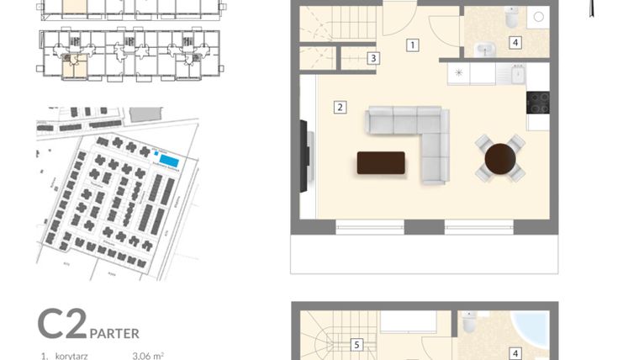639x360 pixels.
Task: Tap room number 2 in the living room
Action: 340,107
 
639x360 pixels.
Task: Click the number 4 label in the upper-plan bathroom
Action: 515,42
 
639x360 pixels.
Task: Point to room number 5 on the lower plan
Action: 356,344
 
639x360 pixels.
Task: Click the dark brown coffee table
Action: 381,162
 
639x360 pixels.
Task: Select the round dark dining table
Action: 500,157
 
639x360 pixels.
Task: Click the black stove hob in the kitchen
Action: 537,102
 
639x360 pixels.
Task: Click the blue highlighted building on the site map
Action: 168,161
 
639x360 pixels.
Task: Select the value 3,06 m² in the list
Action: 148,356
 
